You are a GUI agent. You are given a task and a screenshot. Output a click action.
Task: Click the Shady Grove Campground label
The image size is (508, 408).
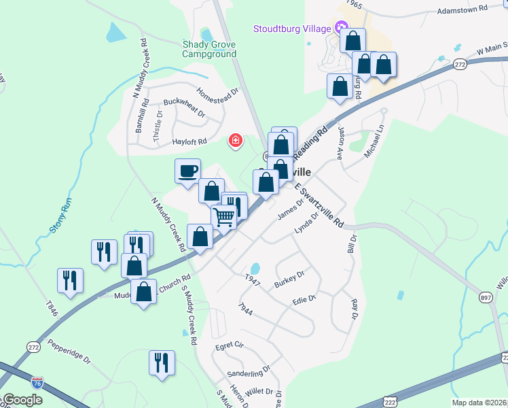click(209, 49)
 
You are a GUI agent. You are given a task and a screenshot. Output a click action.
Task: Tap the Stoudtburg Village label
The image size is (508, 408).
click(292, 29)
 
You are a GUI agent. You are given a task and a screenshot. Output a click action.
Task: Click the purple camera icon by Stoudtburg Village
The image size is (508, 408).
click(342, 29)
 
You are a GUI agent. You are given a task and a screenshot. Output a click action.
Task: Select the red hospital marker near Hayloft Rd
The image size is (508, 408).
click(236, 141)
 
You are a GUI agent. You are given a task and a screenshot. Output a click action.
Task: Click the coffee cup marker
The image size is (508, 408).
click(187, 171)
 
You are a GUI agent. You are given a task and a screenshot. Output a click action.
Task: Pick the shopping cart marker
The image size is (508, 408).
click(223, 217)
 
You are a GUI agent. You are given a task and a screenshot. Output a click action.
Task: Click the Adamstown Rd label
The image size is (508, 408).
click(462, 10)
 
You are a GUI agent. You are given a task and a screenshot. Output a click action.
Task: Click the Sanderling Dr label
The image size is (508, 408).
click(249, 371)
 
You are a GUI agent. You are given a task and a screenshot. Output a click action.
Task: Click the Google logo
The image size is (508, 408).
click(22, 400)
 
